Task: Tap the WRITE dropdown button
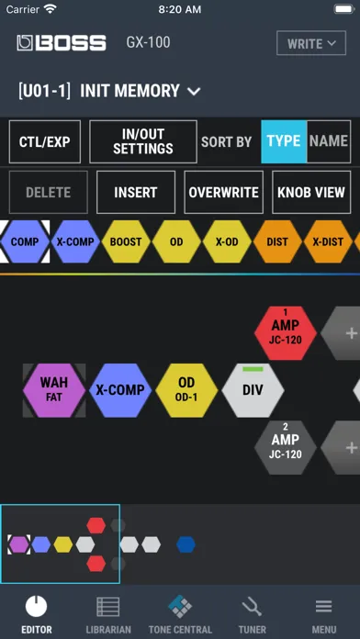point(311,43)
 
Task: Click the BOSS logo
point(62,43)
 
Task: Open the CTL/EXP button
point(45,141)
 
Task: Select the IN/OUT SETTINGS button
point(143,141)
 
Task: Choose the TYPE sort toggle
point(284,141)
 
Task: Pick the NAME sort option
point(329,141)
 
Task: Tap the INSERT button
point(136,193)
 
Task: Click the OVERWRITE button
point(224,193)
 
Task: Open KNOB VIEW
point(311,193)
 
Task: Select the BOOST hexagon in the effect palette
point(126,241)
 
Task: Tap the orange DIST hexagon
point(277,241)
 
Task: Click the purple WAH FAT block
point(54,390)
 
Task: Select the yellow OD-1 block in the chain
point(186,390)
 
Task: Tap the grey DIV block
point(253,390)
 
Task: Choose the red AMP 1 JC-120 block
point(286,333)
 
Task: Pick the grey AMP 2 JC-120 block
point(286,447)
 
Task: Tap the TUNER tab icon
point(252,607)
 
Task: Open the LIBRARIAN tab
point(108,614)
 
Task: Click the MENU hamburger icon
point(323,607)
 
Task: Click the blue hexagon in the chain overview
point(186,544)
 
